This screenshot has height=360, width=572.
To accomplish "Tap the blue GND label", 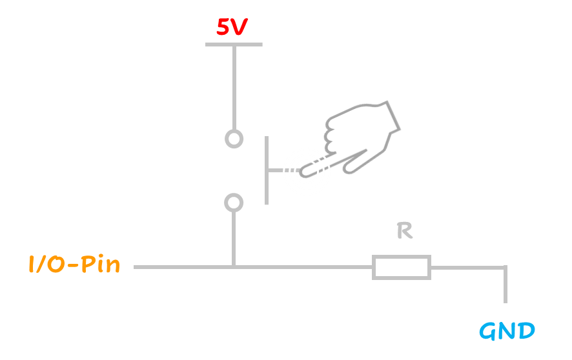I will pos(507,332).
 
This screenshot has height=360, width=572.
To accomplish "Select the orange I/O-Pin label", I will pos(74,265).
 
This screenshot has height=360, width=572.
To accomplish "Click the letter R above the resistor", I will pos(404,232).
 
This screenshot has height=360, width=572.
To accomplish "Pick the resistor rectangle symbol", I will pos(401,267).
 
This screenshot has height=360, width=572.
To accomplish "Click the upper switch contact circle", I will pos(234,139).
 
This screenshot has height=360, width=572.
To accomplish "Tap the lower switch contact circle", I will pos(234,203).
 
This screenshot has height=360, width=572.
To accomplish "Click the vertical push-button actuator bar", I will pos(267,170).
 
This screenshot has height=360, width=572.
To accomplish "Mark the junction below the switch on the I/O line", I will pos(234,266).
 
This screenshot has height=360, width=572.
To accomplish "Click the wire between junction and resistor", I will pos(303,266).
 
